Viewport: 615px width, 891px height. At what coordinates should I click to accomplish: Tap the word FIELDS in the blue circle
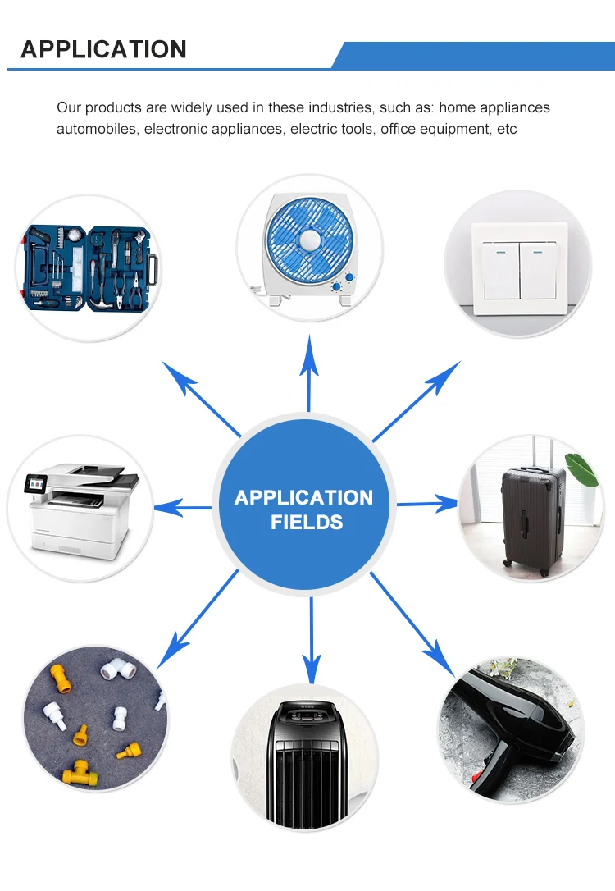coord(307,522)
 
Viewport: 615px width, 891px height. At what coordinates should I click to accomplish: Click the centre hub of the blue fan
coord(310,240)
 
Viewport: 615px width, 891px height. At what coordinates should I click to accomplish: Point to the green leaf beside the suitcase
coord(583,468)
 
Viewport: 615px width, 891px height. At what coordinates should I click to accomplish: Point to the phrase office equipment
coord(420,129)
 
